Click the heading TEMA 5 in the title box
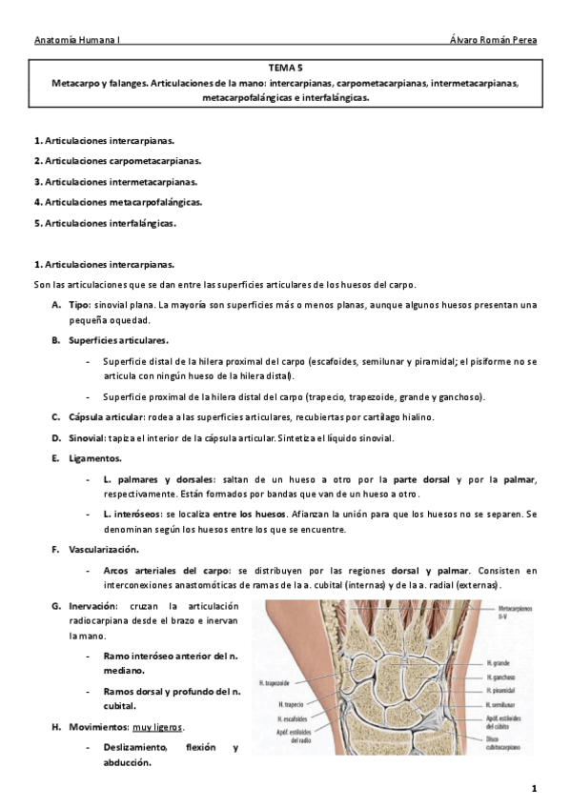click(x=285, y=69)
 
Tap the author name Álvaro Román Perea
click(x=492, y=41)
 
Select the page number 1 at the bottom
click(x=535, y=789)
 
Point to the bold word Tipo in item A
click(x=78, y=305)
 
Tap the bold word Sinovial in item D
click(x=87, y=437)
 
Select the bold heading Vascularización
click(x=103, y=550)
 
